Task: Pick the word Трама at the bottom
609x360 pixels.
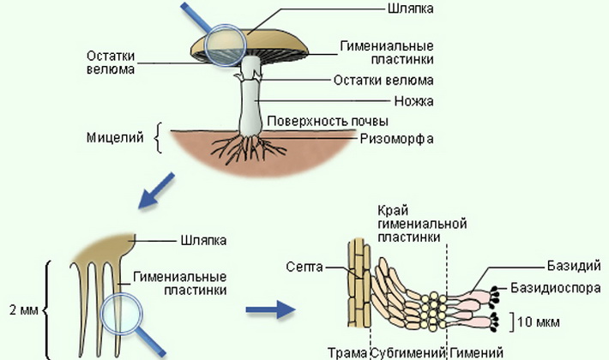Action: [347, 353]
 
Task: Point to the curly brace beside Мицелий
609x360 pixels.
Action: [158, 137]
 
